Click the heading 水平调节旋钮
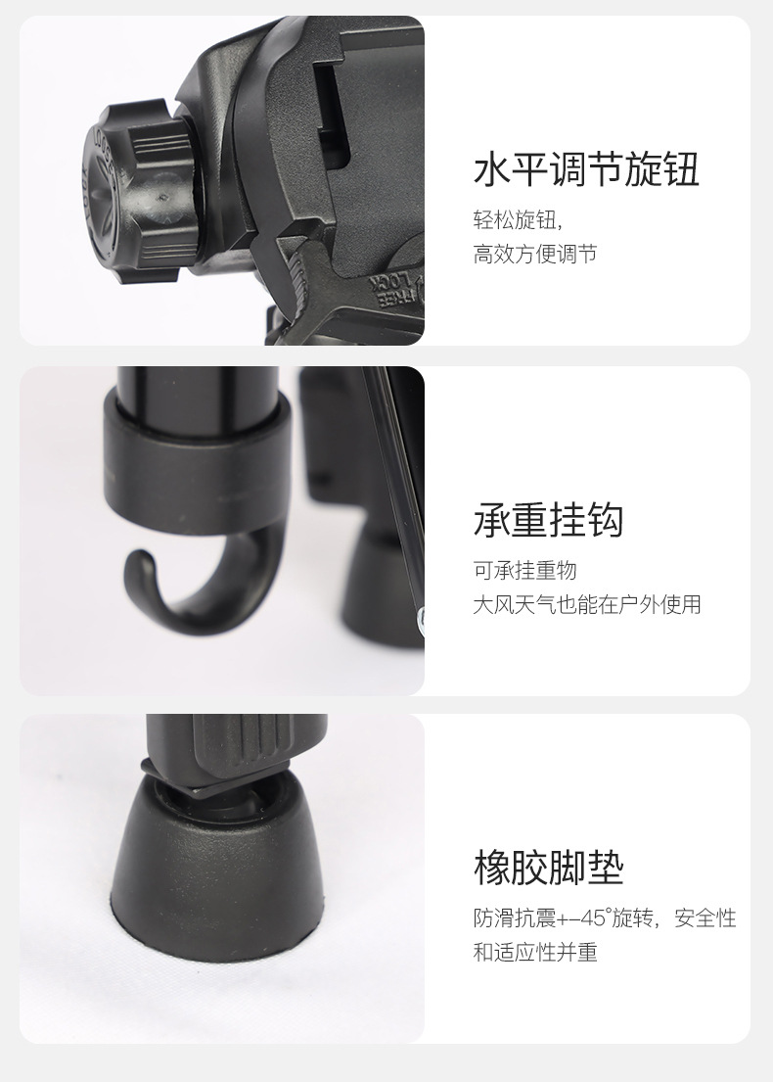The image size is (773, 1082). pos(586,169)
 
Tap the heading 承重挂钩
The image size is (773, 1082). pos(548,520)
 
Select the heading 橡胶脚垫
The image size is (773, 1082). pos(548,868)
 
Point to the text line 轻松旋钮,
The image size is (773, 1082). pos(520,218)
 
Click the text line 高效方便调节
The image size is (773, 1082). pos(534,255)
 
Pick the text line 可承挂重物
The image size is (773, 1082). pos(524,570)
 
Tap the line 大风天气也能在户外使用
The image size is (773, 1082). pos(587,604)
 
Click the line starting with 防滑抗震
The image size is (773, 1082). pos(604,918)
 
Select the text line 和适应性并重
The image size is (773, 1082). pos(534,952)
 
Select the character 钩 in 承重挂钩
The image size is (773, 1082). pos(605,520)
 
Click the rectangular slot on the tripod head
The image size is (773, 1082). pos(333,108)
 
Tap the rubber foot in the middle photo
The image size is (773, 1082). pos(377,588)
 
